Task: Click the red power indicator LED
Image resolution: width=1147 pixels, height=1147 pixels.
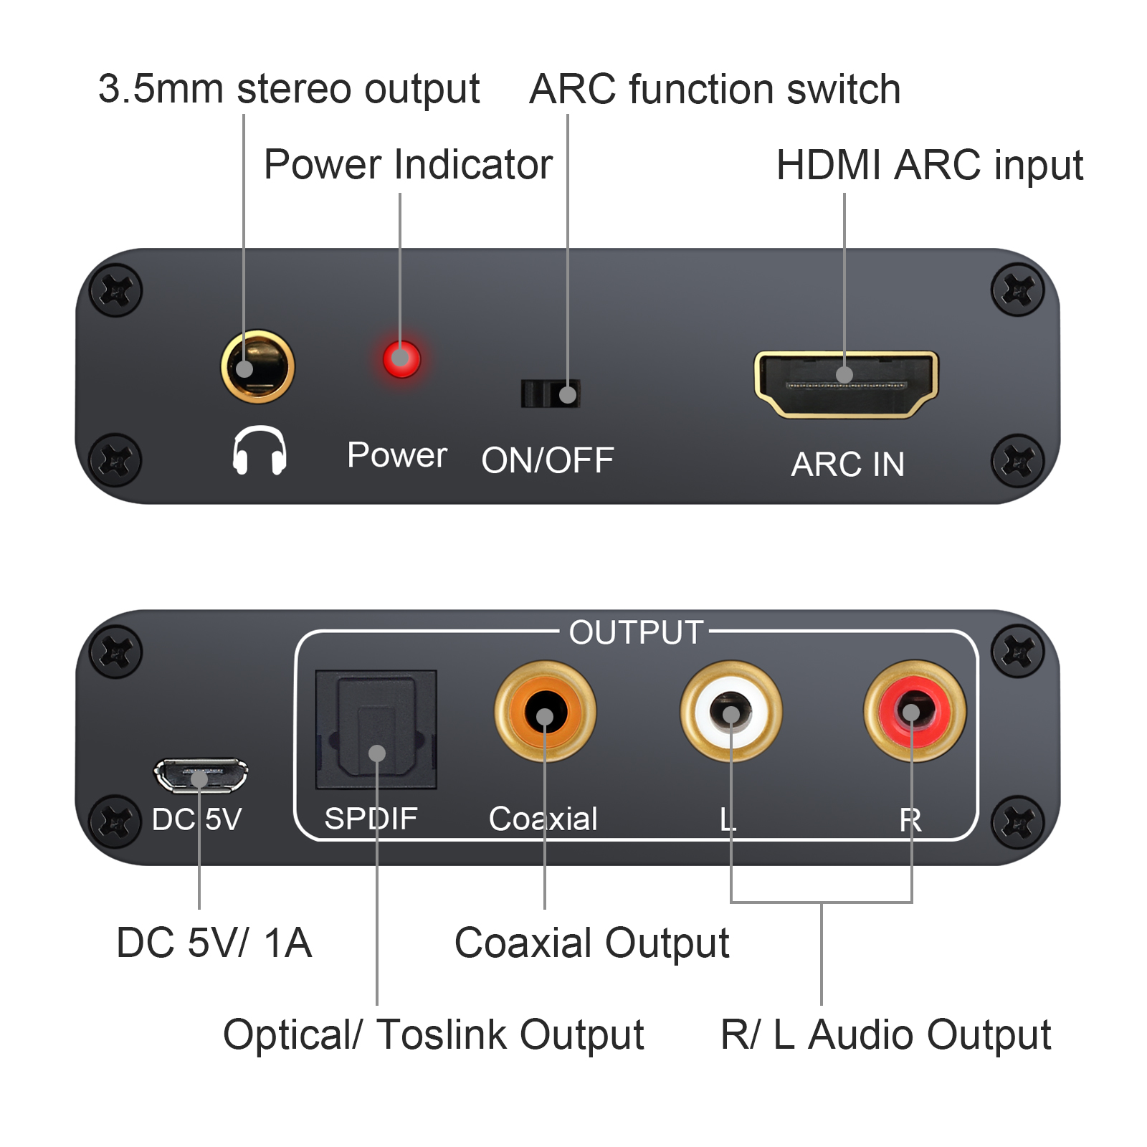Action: coord(401,358)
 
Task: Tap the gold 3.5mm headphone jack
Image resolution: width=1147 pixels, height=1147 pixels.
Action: coord(257,366)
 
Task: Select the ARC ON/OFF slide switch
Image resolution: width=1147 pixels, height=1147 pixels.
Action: coord(551,394)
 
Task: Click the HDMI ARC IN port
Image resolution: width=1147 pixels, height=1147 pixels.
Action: coord(846,384)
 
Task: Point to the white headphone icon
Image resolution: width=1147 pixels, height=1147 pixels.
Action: coord(260,450)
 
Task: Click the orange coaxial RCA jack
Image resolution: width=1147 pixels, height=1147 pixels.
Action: coord(545,712)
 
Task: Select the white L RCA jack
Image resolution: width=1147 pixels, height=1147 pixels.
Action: coord(730,712)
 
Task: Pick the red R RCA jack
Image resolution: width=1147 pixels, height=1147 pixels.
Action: coord(914,712)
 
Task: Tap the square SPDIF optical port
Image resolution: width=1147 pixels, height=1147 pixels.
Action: coord(376,729)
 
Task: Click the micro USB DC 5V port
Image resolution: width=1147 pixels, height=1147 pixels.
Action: coord(201,776)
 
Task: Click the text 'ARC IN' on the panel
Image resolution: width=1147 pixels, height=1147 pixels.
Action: coord(847,465)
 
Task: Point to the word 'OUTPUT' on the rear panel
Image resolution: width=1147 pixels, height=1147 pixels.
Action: coord(635,633)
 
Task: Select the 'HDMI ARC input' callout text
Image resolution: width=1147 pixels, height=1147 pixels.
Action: coord(929,166)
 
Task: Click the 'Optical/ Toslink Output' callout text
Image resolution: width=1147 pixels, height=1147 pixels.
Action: coord(433,1035)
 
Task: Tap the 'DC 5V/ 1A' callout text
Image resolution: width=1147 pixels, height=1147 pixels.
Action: coord(214,943)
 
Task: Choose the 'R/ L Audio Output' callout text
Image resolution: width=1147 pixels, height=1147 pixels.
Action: coord(885,1035)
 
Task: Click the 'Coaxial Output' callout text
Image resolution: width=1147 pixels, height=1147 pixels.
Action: coord(591,943)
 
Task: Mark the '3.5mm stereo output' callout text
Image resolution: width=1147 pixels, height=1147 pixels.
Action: coord(288,90)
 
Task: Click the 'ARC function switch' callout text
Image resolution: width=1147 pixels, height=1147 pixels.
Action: coord(714,90)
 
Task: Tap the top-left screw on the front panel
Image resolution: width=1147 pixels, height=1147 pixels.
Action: coord(115,290)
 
